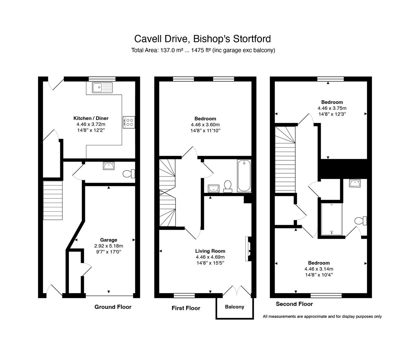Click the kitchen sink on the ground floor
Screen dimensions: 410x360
(x=102, y=87)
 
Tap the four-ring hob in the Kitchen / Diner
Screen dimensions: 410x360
(x=129, y=122)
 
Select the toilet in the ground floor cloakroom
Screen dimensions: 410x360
(x=129, y=174)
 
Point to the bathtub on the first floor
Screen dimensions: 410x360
(x=244, y=176)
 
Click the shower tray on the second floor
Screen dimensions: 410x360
(x=332, y=219)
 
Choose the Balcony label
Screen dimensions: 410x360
(x=234, y=307)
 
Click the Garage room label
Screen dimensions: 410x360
(x=109, y=240)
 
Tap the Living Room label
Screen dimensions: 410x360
(x=210, y=251)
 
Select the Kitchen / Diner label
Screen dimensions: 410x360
(x=91, y=118)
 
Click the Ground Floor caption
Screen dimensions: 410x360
(x=113, y=307)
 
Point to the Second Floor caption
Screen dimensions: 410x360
(x=294, y=304)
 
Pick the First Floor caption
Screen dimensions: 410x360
(x=186, y=308)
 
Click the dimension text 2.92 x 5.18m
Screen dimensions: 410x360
(x=109, y=246)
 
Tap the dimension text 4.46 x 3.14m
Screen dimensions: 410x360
(x=319, y=269)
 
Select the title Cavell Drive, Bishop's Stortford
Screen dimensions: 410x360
(x=203, y=39)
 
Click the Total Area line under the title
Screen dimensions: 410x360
(x=203, y=50)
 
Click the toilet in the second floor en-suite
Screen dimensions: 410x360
(x=361, y=221)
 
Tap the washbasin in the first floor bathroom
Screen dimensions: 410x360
(x=213, y=188)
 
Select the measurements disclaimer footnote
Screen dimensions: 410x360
(x=322, y=316)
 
